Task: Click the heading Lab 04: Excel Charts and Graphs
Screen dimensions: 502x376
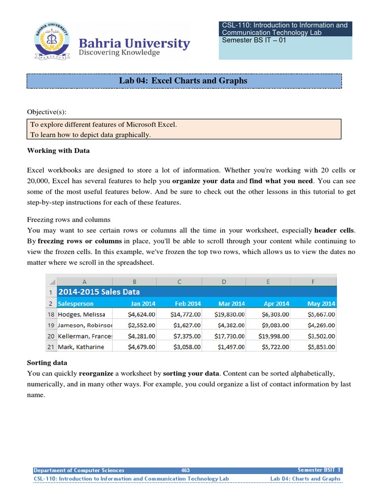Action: tap(183, 80)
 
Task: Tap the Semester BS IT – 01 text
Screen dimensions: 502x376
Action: tap(254, 40)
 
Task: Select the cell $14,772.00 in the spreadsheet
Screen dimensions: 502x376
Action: tap(185, 314)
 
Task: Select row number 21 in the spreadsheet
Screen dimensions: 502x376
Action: tap(51, 347)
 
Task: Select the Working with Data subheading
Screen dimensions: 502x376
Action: tap(58, 151)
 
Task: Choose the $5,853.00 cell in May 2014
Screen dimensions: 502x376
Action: tap(321, 347)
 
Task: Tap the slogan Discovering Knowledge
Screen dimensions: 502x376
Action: tap(120, 52)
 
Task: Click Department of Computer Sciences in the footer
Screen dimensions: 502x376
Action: tap(79, 470)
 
